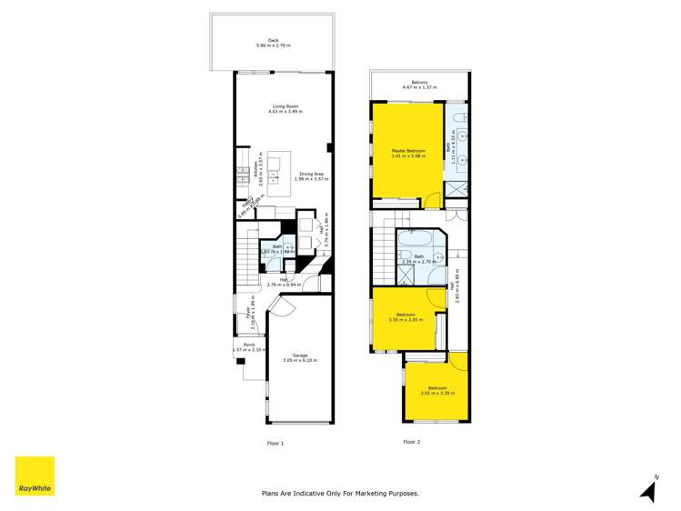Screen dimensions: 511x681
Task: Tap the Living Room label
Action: point(285,108)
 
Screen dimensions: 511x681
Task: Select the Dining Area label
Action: point(309,175)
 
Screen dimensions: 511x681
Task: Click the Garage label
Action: point(299,357)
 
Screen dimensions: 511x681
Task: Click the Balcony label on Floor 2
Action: point(419,85)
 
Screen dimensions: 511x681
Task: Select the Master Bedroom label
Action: point(408,152)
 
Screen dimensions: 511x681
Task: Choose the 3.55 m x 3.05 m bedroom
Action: point(406,317)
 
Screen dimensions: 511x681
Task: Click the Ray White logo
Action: point(35,476)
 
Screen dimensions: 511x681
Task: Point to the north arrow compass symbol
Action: point(648,489)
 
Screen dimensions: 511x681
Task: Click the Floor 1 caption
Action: point(275,443)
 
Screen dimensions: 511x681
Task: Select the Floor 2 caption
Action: point(412,443)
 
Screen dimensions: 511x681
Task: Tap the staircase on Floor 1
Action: point(245,258)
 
